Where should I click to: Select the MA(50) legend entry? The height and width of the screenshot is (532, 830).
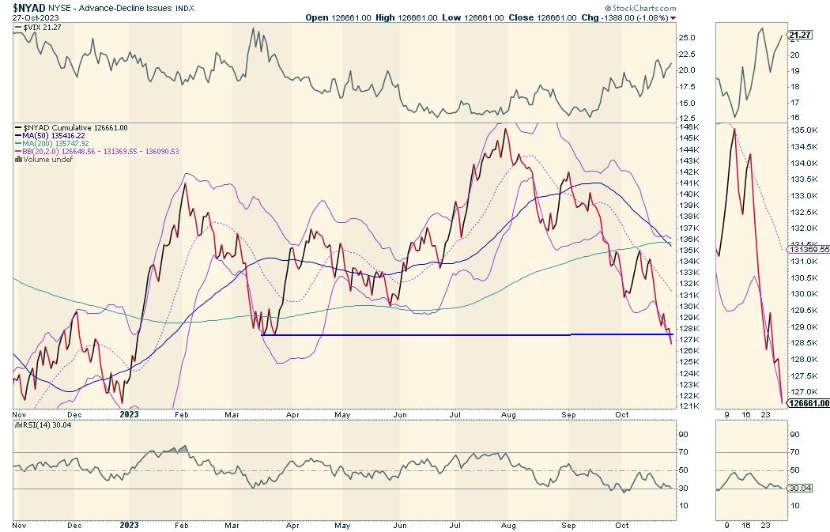click(56, 135)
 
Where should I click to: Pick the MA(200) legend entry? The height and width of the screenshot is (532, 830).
click(58, 143)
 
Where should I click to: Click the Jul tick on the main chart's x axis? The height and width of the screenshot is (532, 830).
click(456, 413)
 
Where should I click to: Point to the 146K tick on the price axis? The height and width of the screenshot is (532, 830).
click(689, 127)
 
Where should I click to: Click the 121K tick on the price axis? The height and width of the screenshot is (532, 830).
click(689, 406)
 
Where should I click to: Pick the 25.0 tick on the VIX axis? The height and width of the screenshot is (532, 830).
click(688, 37)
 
